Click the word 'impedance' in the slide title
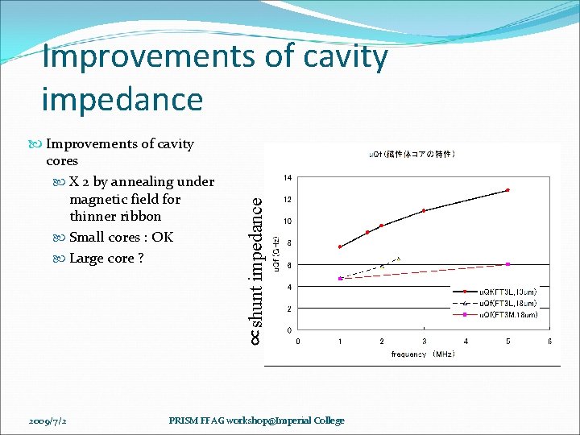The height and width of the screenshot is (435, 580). (122, 99)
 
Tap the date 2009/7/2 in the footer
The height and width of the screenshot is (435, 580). (49, 420)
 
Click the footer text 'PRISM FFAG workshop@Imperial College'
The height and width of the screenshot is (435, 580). (256, 420)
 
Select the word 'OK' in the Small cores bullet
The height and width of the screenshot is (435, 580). (162, 237)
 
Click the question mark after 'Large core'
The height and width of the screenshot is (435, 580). (140, 258)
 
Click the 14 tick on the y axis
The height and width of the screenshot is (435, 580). (288, 177)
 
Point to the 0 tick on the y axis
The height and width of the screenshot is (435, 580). (289, 331)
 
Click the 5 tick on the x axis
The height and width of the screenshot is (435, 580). (507, 342)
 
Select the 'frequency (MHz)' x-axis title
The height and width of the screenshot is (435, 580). (423, 354)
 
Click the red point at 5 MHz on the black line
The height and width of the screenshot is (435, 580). (507, 190)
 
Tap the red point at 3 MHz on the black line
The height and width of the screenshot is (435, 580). (424, 210)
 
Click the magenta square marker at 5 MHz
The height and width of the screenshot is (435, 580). (507, 264)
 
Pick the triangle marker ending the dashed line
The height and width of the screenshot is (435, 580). (398, 259)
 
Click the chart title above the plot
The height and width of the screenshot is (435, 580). (412, 153)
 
